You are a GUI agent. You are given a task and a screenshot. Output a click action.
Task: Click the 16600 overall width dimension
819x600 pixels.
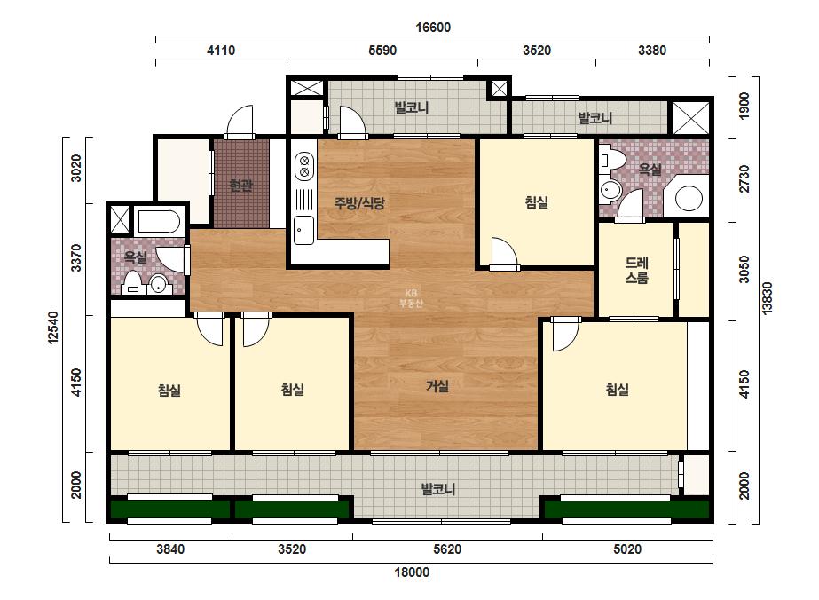point(433,28)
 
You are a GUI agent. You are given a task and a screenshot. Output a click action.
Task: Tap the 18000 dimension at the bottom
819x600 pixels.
point(412,572)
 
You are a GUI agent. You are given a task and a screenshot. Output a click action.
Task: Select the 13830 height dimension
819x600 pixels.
point(767,298)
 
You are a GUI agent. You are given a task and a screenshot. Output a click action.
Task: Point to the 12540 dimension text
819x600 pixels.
point(52,328)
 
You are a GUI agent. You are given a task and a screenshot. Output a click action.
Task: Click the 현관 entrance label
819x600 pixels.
point(241,185)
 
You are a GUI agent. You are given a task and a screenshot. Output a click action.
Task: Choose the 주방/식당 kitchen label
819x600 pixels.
point(359,202)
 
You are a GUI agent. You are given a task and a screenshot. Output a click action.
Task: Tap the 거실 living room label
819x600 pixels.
point(437,386)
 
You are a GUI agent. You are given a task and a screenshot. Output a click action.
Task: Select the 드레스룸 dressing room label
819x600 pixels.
point(637,270)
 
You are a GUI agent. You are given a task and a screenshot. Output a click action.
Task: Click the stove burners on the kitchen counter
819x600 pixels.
point(304,166)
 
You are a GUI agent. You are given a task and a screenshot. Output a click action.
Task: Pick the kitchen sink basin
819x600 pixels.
point(303,231)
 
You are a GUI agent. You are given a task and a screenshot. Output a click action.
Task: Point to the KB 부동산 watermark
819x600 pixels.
point(411,298)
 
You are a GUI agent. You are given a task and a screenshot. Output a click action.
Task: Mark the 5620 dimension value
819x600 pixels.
point(447,549)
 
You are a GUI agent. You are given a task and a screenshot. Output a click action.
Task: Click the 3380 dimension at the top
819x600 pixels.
point(652,51)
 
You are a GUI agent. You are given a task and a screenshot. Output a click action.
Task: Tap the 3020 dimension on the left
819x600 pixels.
point(76,169)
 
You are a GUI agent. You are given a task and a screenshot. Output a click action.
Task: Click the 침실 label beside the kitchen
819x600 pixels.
point(537,202)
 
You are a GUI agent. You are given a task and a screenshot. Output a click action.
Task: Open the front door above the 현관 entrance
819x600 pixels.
point(240,123)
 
